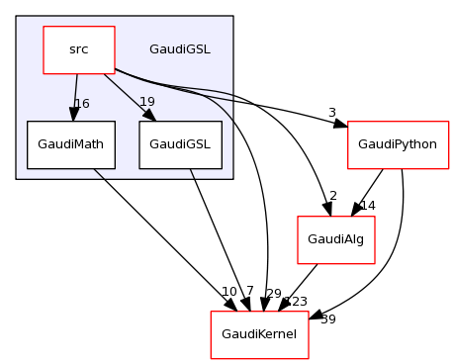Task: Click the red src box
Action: pos(78,49)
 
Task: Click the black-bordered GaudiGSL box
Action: pos(180,144)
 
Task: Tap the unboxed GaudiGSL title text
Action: pos(179,49)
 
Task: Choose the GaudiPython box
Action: pos(399,144)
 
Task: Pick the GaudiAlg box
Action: pos(336,239)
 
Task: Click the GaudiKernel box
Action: pos(260,334)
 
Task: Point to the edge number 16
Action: pos(83,104)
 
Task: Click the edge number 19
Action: pos(147,102)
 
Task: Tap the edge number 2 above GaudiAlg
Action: pos(333,196)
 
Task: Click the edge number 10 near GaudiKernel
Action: pos(228,291)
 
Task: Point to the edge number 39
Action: pos(328,319)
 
